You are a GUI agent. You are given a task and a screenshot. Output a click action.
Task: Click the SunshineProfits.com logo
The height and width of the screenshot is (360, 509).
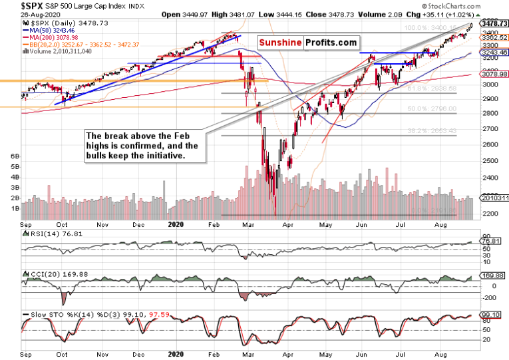tap(304, 43)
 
